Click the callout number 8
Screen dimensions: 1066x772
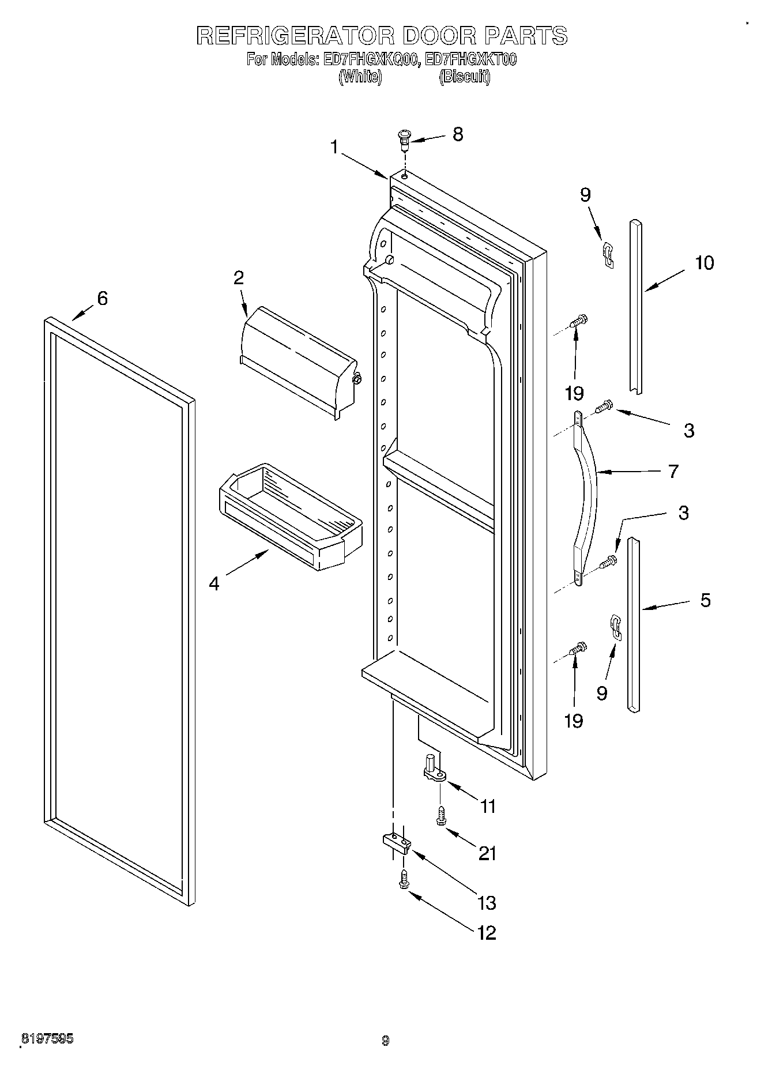pos(457,135)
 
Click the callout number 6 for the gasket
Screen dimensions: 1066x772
pos(101,299)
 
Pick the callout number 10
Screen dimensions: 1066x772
pos(704,263)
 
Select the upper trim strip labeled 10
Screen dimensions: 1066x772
pos(635,306)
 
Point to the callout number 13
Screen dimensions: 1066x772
pos(487,902)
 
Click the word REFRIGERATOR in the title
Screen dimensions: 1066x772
pos(295,36)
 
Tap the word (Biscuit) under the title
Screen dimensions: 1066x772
pos(464,77)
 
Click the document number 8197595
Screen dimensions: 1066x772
pos(47,1039)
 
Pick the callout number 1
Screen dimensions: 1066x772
pos(334,147)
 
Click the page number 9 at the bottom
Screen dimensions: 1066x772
pos(386,1041)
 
